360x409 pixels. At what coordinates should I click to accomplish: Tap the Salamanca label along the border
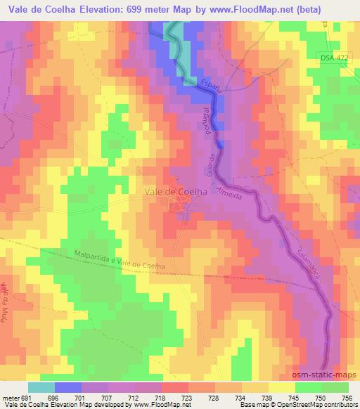point(307,264)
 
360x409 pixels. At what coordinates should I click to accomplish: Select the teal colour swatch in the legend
point(41,387)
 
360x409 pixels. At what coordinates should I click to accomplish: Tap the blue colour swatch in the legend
point(68,387)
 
